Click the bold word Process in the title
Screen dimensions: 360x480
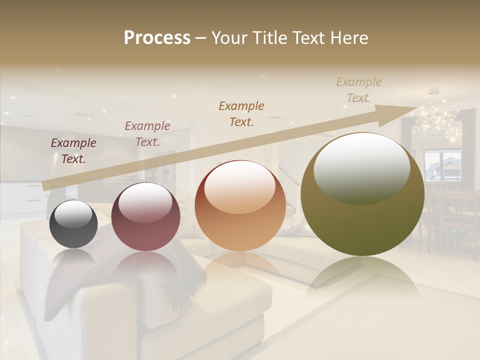point(157,38)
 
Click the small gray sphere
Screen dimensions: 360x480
point(73,224)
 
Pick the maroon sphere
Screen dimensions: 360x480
point(145,217)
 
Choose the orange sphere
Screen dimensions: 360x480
point(240,206)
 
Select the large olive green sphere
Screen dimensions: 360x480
point(362,194)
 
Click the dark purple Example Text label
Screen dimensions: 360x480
point(73,151)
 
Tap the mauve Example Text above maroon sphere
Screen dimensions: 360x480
point(147,134)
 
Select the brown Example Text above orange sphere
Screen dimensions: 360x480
point(241,113)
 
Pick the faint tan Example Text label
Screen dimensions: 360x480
point(359,90)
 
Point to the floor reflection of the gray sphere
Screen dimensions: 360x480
point(73,260)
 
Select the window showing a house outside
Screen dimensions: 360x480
point(442,165)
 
